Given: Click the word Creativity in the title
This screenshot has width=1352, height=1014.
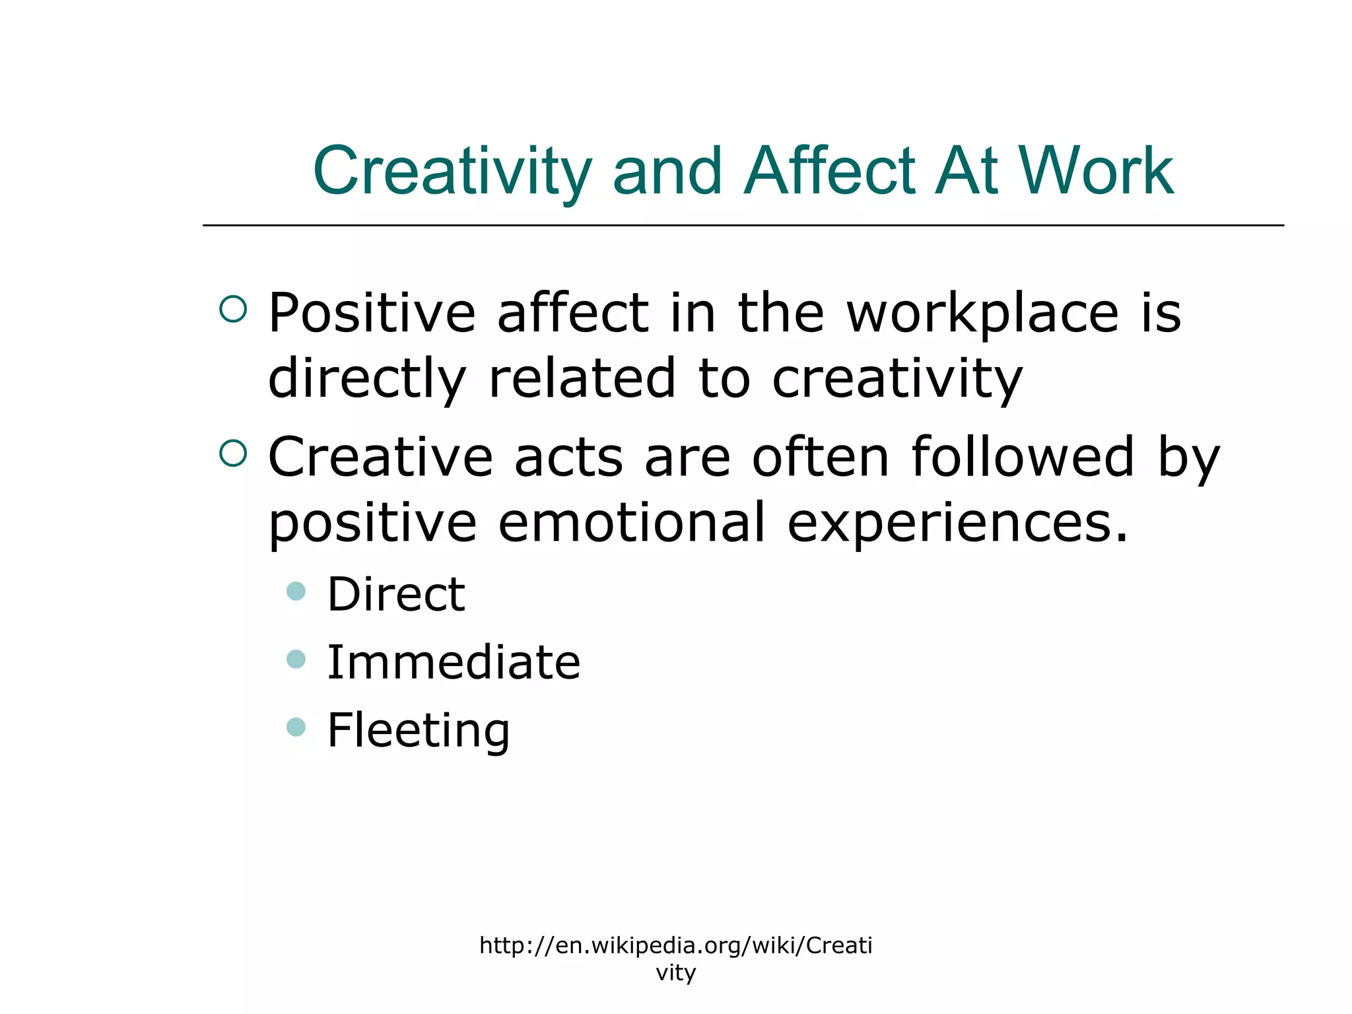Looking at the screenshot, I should [452, 172].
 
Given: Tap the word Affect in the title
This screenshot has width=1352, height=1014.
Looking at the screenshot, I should [830, 172].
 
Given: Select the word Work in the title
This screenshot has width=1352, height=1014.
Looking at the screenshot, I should [1096, 172].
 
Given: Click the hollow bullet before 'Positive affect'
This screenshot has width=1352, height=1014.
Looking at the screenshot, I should [233, 309].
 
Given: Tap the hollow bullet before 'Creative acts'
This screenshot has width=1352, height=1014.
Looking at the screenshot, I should [233, 454].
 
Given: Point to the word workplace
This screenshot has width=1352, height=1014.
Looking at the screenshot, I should [982, 314].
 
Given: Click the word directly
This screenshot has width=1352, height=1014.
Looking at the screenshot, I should [367, 379].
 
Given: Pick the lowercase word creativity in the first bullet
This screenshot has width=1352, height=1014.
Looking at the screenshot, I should [897, 379].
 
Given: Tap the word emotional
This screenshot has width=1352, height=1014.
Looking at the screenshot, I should [631, 522].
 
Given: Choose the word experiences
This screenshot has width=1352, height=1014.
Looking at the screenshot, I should [957, 524].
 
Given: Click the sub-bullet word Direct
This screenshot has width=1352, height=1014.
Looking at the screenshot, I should [396, 594].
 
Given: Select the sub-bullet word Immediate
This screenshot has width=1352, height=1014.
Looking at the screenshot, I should [454, 662].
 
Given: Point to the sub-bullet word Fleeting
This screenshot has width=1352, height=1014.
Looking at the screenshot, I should [419, 731].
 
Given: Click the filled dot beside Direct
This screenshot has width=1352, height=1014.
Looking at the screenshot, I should [296, 591].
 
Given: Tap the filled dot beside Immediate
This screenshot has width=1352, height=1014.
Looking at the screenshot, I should [296, 659].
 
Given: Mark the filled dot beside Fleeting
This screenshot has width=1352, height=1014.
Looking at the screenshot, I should [296, 727].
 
